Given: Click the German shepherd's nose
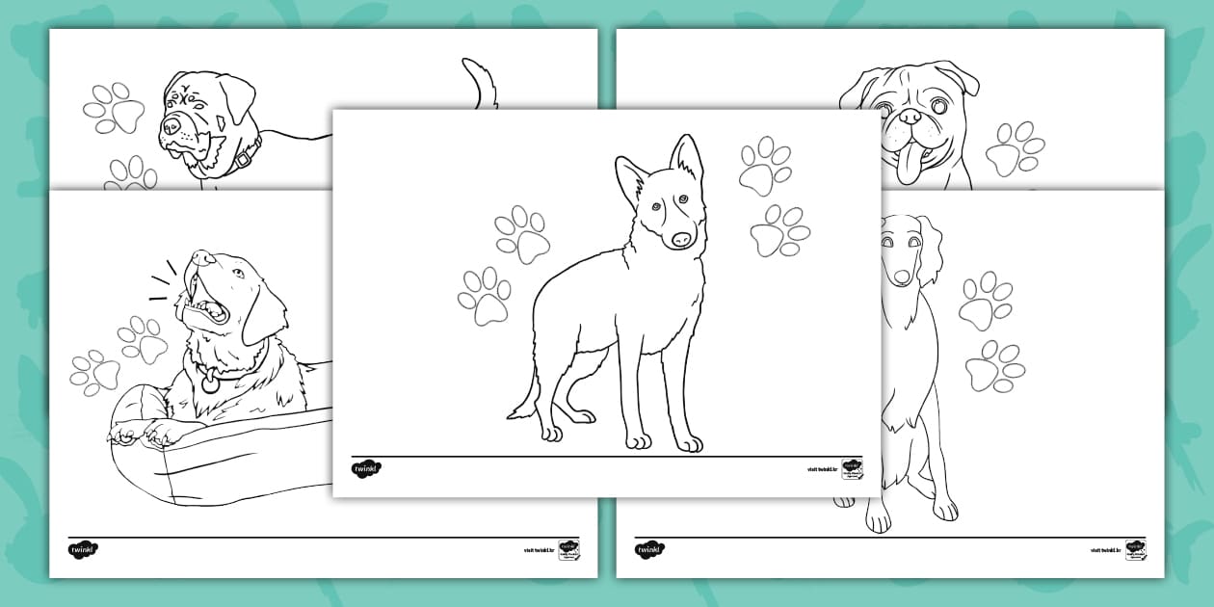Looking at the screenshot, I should (x=681, y=237).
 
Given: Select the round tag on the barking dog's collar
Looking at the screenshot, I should (x=209, y=383).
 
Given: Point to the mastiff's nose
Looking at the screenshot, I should (x=171, y=124).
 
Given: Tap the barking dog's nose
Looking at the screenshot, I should (x=199, y=257).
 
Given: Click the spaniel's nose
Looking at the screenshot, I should (x=901, y=277).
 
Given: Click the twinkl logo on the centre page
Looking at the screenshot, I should (x=366, y=468).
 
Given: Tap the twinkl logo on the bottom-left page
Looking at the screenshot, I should (x=83, y=549).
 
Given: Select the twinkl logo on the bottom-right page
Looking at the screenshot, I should (x=649, y=549).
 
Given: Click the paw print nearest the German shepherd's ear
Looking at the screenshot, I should (x=765, y=165).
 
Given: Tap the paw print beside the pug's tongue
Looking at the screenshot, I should (x=1014, y=148).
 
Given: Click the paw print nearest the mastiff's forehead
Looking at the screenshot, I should (x=114, y=108).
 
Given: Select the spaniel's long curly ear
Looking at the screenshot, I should (x=927, y=251).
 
